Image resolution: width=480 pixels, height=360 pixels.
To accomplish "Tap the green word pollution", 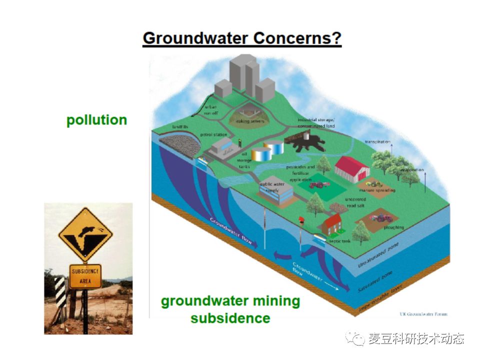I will click(96, 120).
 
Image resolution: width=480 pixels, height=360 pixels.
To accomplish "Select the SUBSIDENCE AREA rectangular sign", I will click(85, 276).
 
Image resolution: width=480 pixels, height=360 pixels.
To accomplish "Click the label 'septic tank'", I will click(339, 241).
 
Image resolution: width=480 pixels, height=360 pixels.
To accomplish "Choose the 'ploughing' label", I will click(394, 227).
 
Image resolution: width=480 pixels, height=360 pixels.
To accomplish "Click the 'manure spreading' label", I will click(377, 190).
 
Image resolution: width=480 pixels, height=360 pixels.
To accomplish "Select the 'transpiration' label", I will click(377, 142).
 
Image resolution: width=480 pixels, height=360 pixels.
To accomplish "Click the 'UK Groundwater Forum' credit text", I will click(423, 314).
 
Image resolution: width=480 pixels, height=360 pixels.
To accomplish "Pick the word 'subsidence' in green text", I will click(230, 318).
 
